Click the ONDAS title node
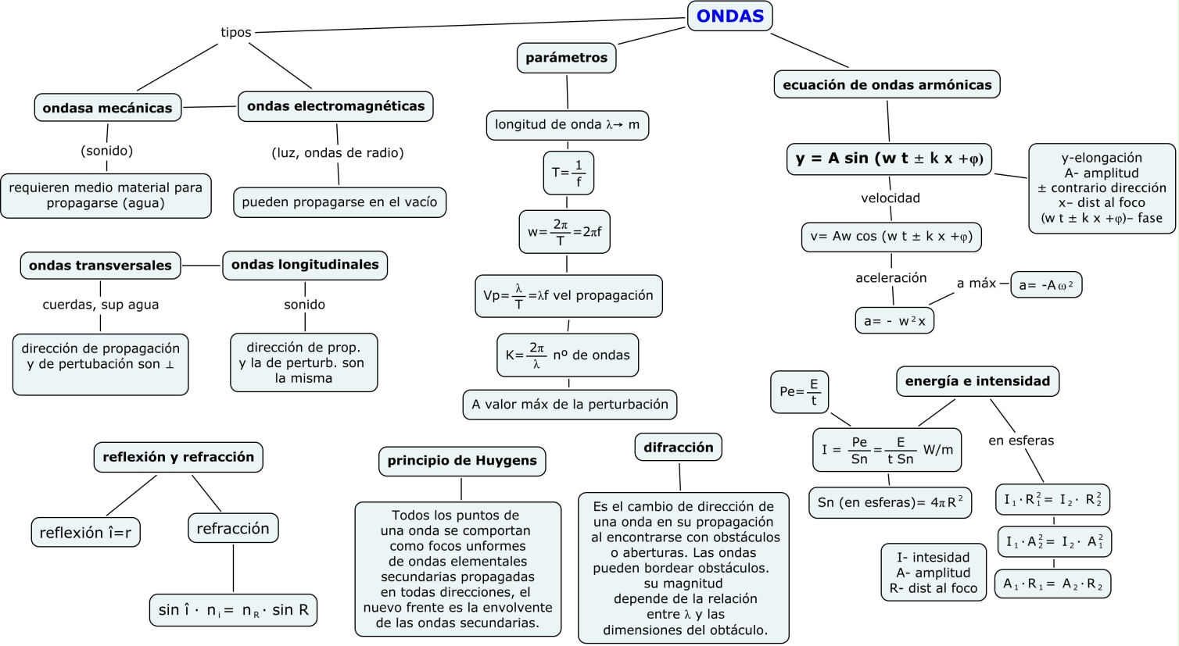pyautogui.click(x=730, y=16)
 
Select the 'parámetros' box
pyautogui.click(x=566, y=58)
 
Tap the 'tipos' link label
pyautogui.click(x=235, y=33)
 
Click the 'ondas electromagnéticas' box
pyautogui.click(x=335, y=106)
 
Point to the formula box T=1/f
pyautogui.click(x=568, y=173)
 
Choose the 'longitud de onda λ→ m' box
pyautogui.click(x=567, y=125)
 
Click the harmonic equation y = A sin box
pyautogui.click(x=889, y=159)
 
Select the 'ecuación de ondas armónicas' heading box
pyautogui.click(x=887, y=84)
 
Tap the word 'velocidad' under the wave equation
pyautogui.click(x=891, y=198)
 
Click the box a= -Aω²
pyautogui.click(x=1046, y=285)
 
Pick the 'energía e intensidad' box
pyautogui.click(x=977, y=381)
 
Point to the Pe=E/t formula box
pyautogui.click(x=799, y=391)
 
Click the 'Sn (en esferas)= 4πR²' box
pyautogui.click(x=890, y=502)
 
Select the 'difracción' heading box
pyautogui.click(x=678, y=448)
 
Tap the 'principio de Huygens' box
pyautogui.click(x=461, y=461)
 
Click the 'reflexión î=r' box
pyautogui.click(x=85, y=533)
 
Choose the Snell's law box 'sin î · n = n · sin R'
pyautogui.click(x=233, y=610)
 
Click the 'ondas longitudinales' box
pyautogui.click(x=304, y=265)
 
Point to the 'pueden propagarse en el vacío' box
pyautogui.click(x=339, y=202)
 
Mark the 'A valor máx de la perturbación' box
pyautogui.click(x=569, y=405)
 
